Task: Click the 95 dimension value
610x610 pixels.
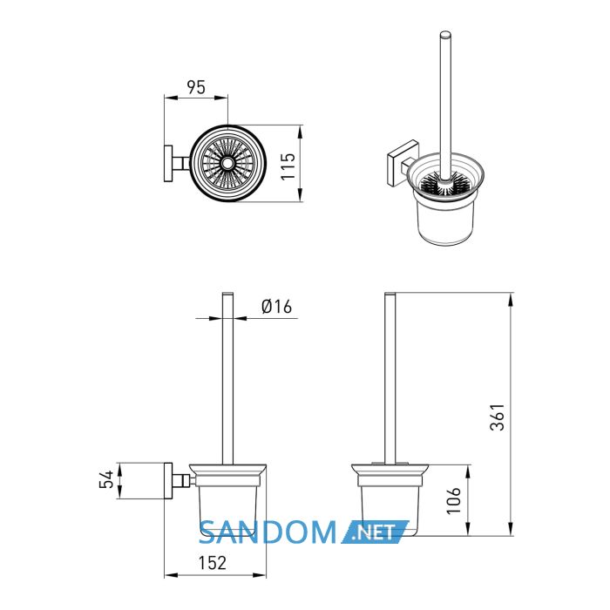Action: point(196,87)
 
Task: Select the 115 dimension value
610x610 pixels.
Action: point(288,166)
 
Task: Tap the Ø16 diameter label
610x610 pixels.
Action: point(276,307)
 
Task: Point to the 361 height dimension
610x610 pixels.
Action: point(497,417)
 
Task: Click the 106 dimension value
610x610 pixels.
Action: point(453,500)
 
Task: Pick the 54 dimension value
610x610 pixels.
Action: point(106,479)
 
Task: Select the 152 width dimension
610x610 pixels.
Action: point(213,563)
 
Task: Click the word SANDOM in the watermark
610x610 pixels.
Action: point(268,532)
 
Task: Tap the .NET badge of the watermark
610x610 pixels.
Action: point(376,532)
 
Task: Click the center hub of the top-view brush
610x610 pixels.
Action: point(227,164)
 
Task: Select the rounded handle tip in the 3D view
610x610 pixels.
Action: point(445,35)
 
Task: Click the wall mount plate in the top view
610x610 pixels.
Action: point(168,164)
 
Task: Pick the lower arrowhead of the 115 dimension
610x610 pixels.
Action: point(300,195)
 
